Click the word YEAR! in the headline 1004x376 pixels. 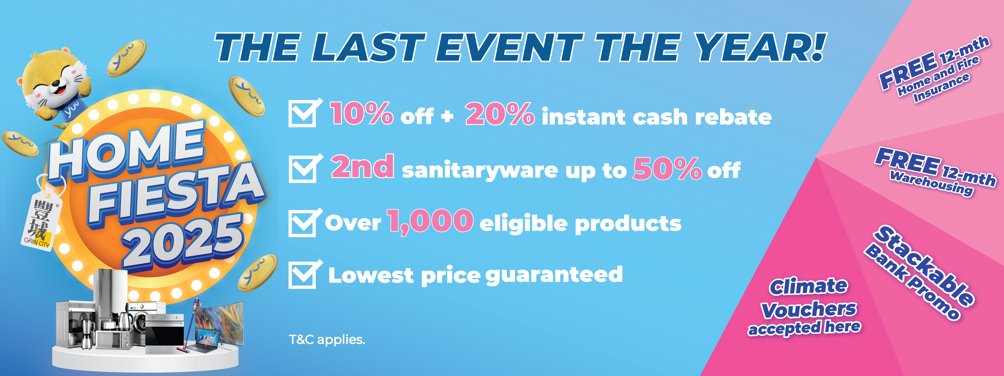[x=760, y=48]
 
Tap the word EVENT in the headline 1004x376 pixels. [x=509, y=48]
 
